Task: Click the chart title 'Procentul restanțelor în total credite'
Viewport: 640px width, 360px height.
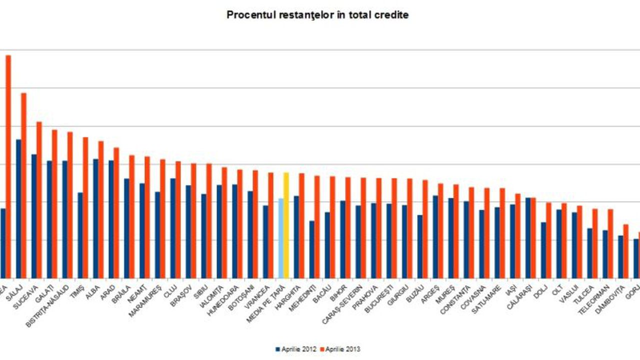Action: (x=317, y=15)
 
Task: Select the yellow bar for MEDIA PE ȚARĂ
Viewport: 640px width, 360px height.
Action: (x=286, y=225)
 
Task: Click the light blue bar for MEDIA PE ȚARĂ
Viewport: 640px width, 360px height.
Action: (x=281, y=238)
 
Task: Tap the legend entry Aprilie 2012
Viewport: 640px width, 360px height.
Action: (x=295, y=349)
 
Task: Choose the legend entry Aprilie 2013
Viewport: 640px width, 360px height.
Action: (x=340, y=349)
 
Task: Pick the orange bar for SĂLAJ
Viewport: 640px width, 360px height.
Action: (x=23, y=185)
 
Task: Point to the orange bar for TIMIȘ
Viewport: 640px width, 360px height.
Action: (x=85, y=207)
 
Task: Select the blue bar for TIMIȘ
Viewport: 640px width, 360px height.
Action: (x=80, y=235)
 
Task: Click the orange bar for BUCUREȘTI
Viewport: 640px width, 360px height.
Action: (x=394, y=228)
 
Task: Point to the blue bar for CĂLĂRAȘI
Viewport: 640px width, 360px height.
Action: (x=528, y=237)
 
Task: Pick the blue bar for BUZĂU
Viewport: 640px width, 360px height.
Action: (x=420, y=246)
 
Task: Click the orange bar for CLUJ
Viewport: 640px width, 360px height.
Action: (x=178, y=219)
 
